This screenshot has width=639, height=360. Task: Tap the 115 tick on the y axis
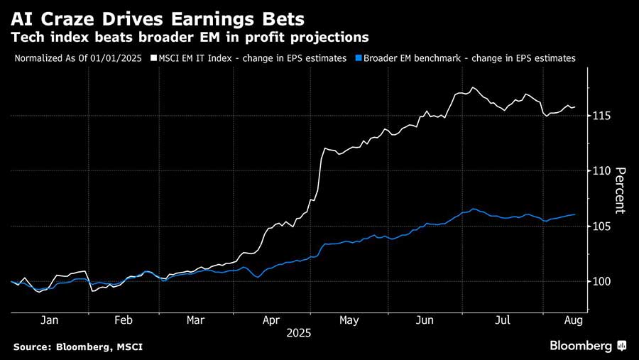click(603, 116)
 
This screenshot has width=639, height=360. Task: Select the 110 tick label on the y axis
click(603, 171)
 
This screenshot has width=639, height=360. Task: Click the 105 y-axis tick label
click(603, 227)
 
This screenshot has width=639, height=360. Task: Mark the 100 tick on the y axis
click(603, 282)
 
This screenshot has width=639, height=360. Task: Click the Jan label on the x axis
click(49, 320)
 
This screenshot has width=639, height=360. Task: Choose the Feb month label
click(124, 320)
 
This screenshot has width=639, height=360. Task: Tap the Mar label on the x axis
click(195, 320)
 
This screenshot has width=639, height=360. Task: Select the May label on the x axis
click(349, 320)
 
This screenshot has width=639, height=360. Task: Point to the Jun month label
click(425, 320)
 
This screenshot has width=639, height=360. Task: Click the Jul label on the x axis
click(503, 320)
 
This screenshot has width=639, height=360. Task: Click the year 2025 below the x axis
click(299, 332)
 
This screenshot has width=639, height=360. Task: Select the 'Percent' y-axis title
click(620, 190)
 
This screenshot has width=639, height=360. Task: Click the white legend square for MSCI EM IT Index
click(152, 59)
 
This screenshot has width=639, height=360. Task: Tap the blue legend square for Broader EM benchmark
click(359, 59)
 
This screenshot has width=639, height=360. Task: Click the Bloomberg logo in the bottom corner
click(587, 346)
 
